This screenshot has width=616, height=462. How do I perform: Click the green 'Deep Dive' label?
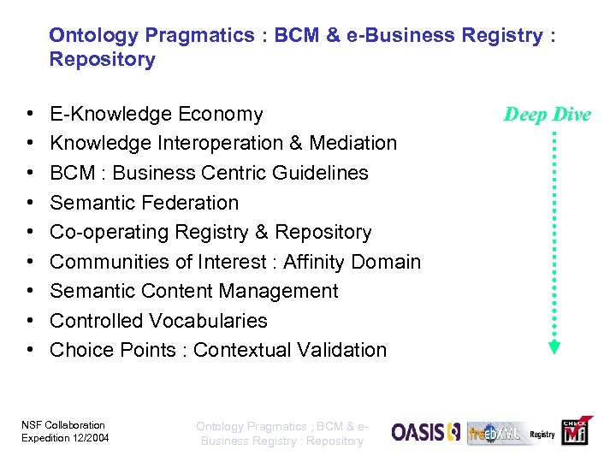click(x=548, y=115)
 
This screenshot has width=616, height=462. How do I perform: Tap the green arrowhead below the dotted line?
click(x=554, y=347)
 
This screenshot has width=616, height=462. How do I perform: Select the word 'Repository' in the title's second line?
click(x=103, y=60)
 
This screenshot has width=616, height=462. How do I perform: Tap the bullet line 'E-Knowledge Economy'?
click(x=157, y=114)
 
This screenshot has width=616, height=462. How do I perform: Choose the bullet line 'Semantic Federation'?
click(x=145, y=203)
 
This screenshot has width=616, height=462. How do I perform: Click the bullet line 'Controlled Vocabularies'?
click(x=158, y=321)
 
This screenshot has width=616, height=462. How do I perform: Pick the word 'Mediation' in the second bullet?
click(x=353, y=143)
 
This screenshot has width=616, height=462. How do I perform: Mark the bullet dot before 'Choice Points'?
click(x=29, y=350)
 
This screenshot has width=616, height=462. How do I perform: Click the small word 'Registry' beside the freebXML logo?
click(x=542, y=435)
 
